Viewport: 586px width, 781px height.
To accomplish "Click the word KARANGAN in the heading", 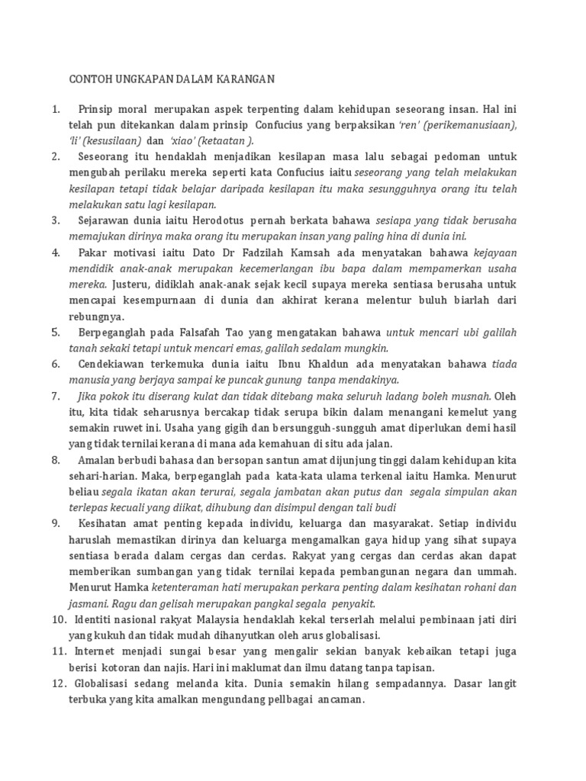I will pyautogui.click(x=241, y=78).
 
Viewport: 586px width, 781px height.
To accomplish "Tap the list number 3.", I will pyautogui.click(x=56, y=220).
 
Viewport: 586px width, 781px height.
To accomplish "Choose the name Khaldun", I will pyautogui.click(x=346, y=364).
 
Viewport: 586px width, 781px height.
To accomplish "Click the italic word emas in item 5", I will pyautogui.click(x=240, y=348).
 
